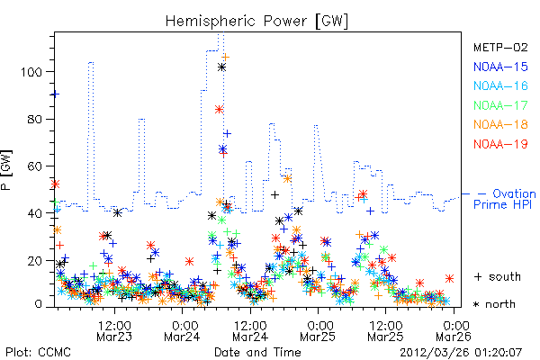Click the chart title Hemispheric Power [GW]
[x=256, y=22]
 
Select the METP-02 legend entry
[x=500, y=48]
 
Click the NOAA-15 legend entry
[x=500, y=67]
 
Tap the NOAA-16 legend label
[x=500, y=85]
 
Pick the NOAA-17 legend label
[x=500, y=105]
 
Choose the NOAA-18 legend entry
[x=500, y=124]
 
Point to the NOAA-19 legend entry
[x=500, y=144]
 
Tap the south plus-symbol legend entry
[x=498, y=276]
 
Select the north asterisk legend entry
[x=494, y=304]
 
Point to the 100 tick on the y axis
[x=31, y=72]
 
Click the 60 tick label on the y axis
[x=35, y=166]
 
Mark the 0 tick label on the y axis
[x=38, y=304]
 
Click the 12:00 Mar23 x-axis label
[x=114, y=331]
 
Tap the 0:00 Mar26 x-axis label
[x=454, y=331]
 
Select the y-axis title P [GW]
[x=6, y=170]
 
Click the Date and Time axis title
[x=257, y=353]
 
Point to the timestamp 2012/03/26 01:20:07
[x=461, y=353]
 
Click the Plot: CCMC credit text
[x=38, y=353]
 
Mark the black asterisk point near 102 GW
[x=221, y=67]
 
